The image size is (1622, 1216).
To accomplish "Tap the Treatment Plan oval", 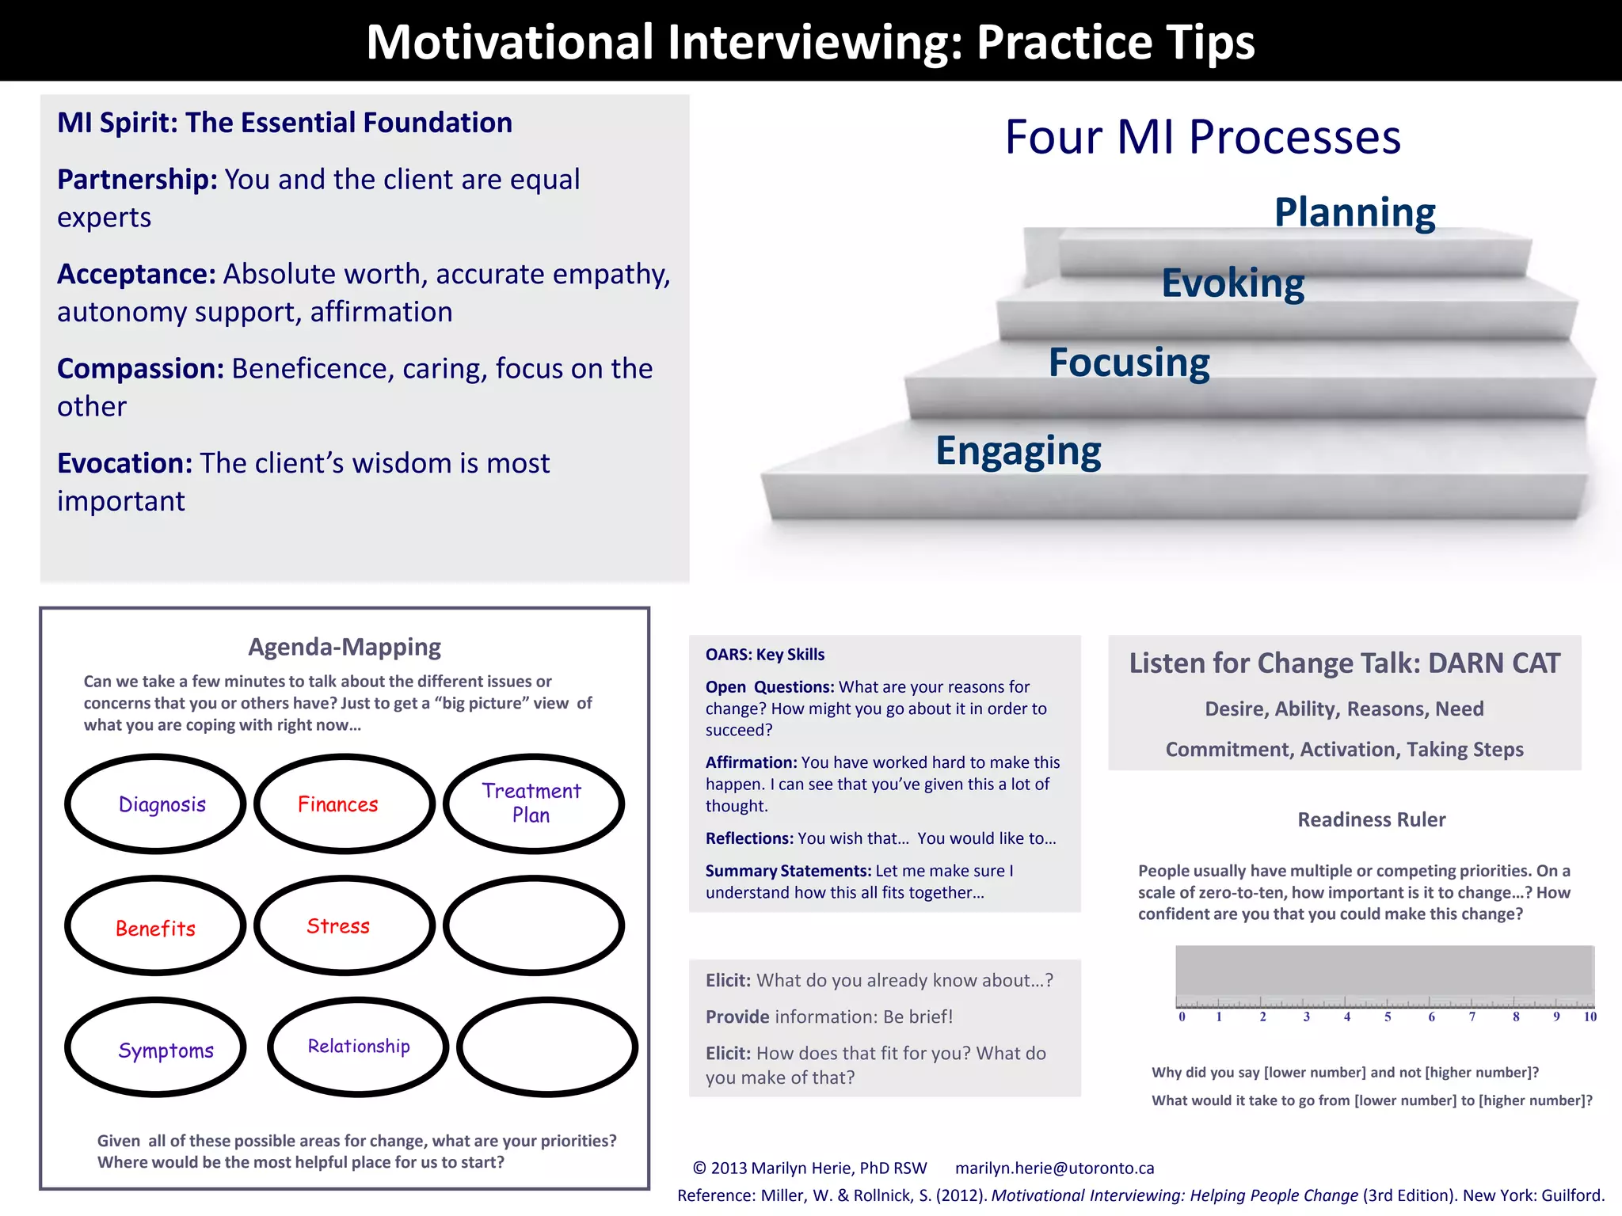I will (533, 804).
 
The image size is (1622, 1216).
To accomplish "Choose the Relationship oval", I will (359, 1047).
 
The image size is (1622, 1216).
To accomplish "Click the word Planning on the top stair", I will (1354, 212).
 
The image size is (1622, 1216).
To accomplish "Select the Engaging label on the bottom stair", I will (1019, 450).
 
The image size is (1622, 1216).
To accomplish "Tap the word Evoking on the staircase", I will (1232, 283).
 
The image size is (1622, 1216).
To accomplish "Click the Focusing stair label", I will (1129, 363).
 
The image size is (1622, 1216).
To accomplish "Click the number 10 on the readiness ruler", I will (1590, 1016).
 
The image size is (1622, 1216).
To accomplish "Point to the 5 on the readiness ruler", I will (1388, 1016).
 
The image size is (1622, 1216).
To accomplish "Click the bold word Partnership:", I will (137, 180).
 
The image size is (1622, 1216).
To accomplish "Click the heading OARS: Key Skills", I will (765, 655).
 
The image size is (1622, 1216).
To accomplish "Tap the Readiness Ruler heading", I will (1371, 819).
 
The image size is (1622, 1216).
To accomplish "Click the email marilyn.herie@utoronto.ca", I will (1054, 1168).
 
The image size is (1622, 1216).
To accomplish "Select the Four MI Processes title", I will (1202, 137).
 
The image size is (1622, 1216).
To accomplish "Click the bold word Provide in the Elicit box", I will (737, 1016).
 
